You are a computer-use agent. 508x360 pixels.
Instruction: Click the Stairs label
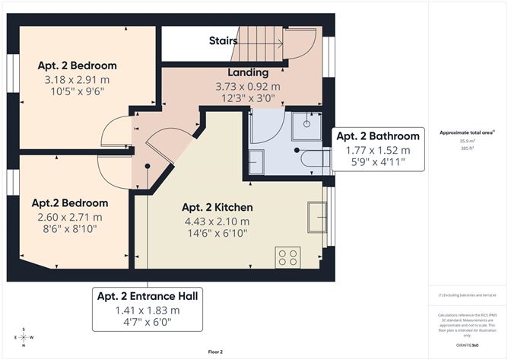[x=223, y=42]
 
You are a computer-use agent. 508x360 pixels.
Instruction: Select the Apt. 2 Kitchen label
[x=217, y=207]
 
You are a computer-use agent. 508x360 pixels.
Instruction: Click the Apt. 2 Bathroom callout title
[x=378, y=136]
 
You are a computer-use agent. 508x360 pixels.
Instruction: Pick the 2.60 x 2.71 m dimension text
[x=69, y=218]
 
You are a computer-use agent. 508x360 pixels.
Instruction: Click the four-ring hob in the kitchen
[x=288, y=257]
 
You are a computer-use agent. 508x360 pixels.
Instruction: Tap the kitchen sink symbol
[x=316, y=217]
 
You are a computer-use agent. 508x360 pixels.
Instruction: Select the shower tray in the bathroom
[x=306, y=126]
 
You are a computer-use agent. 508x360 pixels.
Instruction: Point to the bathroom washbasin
[x=256, y=161]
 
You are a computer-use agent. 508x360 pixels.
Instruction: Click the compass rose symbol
[x=24, y=337]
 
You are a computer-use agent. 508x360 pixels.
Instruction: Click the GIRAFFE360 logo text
[x=465, y=346]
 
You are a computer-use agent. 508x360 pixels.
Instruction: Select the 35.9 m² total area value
[x=465, y=140]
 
